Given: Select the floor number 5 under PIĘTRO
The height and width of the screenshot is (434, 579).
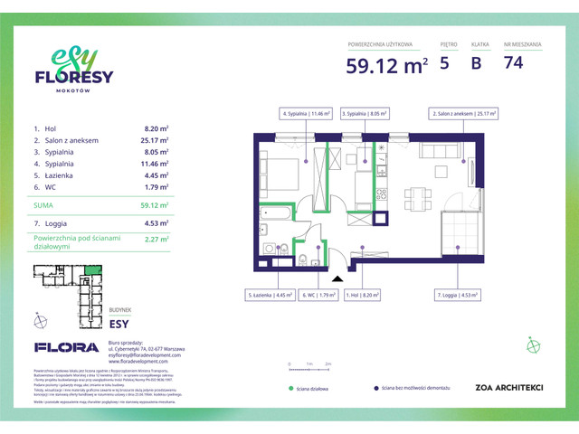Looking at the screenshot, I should tap(444, 63).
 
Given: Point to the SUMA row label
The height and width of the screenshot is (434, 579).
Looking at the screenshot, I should tap(43, 206).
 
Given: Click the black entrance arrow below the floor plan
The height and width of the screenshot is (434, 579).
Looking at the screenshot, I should tap(337, 279).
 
